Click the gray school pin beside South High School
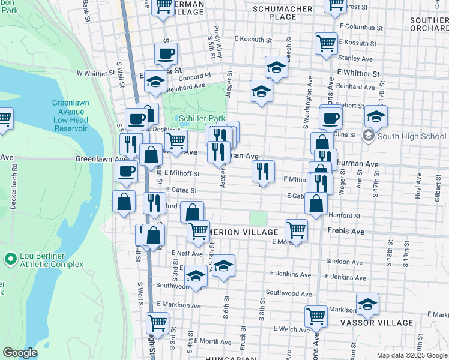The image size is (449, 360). coord(367,136)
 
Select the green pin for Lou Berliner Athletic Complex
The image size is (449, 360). coord(10,259)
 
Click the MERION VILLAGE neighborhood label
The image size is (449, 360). coord(244,232)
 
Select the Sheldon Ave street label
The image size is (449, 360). coord(344,262)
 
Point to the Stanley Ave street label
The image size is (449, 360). coord(355,59)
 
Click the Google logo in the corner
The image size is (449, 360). coord(20,353)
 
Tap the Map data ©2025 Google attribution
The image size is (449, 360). coord(412,355)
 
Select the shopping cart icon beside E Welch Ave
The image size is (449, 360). coord(316,316)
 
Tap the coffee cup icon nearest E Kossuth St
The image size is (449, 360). coord(166,53)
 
